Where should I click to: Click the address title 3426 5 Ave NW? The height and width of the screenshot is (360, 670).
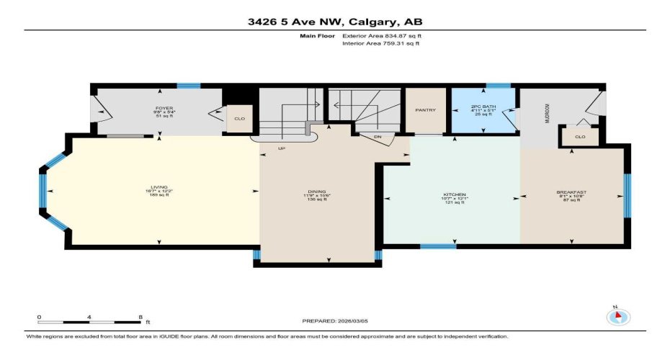[334, 22]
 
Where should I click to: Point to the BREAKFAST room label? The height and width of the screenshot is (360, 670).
[571, 192]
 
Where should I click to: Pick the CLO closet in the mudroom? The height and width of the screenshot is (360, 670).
[580, 135]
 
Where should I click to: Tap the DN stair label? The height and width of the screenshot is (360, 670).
[376, 136]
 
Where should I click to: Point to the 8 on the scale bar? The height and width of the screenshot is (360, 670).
[139, 317]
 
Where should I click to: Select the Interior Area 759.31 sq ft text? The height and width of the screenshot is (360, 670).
[380, 43]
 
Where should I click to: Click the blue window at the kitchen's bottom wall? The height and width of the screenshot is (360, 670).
[438, 246]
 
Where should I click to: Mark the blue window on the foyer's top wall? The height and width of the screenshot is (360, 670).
[189, 86]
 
